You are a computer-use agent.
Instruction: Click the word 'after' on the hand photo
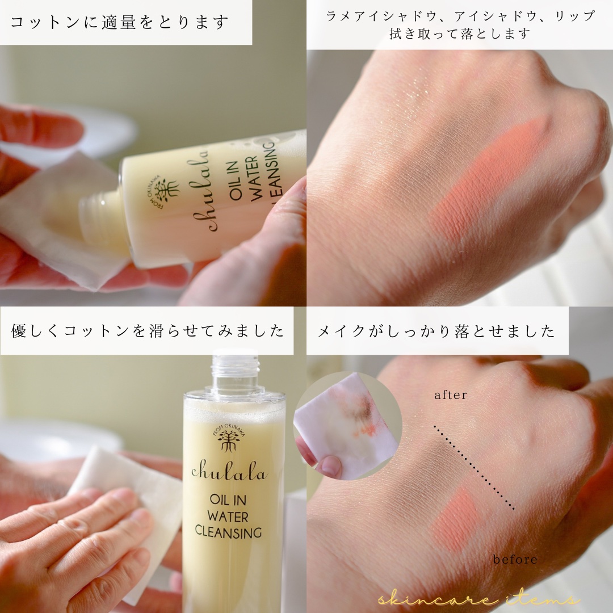pyautogui.click(x=450, y=395)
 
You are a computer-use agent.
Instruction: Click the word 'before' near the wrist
pyautogui.click(x=515, y=560)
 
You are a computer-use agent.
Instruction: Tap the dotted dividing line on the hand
pyautogui.click(x=474, y=468)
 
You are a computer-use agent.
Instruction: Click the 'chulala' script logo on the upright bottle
pyautogui.click(x=229, y=472)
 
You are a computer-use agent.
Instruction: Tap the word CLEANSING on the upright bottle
pyautogui.click(x=228, y=532)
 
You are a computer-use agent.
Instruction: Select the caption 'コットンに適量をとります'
pyautogui.click(x=119, y=22)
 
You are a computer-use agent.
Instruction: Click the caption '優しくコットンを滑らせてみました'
pyautogui.click(x=147, y=331)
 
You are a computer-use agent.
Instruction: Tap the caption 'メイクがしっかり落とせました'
pyautogui.click(x=436, y=331)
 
